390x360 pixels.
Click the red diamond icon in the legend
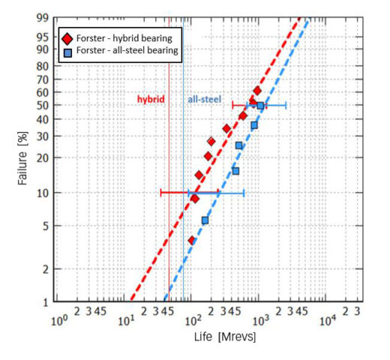tap(68, 37)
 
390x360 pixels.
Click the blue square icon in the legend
tap(68, 51)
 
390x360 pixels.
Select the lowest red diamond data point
tap(192, 240)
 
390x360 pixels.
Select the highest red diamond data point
tap(256, 91)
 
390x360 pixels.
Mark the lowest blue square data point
tap(205, 220)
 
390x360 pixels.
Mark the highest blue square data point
tap(260, 106)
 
